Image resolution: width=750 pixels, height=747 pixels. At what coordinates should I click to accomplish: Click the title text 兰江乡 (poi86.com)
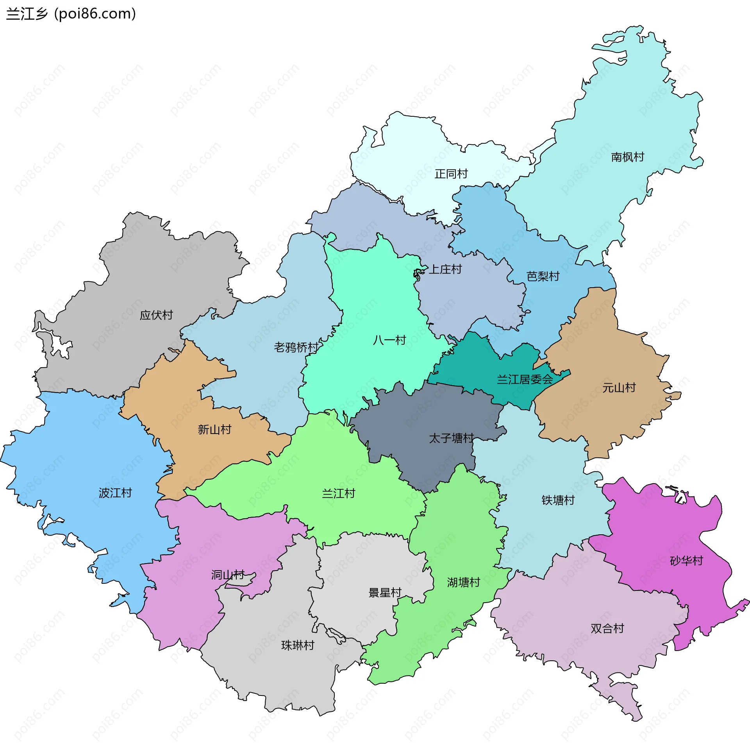point(71,14)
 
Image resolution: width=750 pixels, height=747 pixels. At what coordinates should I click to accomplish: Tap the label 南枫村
point(627,157)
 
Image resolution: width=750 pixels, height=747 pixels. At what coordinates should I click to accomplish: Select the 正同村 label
point(451,174)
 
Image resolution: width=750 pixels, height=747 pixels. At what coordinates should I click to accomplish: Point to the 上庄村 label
point(445,269)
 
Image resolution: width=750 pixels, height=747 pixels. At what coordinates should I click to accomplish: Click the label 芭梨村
point(543,276)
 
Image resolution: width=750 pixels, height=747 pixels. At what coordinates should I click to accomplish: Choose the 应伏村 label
point(156,315)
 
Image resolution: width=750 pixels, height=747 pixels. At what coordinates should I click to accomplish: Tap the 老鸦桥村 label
point(296,347)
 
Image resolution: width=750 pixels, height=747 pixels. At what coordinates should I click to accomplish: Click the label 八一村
point(389,340)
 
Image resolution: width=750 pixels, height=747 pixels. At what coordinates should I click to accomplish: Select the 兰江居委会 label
point(525,379)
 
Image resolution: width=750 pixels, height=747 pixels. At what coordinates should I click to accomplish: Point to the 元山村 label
point(619,388)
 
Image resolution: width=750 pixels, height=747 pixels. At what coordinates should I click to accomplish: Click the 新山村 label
point(214,430)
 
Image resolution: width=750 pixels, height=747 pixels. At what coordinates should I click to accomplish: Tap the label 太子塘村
point(451,438)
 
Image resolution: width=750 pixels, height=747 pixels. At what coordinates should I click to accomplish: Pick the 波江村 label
point(115,493)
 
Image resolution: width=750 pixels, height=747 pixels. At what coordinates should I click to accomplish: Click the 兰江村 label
point(338,494)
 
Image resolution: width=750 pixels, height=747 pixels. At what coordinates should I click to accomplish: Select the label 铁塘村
point(558,500)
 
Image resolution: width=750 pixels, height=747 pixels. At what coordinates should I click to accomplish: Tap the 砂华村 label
point(686,561)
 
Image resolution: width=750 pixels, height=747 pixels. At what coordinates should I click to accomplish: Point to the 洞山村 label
point(228,575)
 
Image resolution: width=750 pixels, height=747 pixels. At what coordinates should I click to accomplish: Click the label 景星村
point(385,593)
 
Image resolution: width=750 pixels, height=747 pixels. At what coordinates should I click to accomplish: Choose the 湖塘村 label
point(463,583)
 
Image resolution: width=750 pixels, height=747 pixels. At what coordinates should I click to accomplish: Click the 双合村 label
point(607,628)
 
